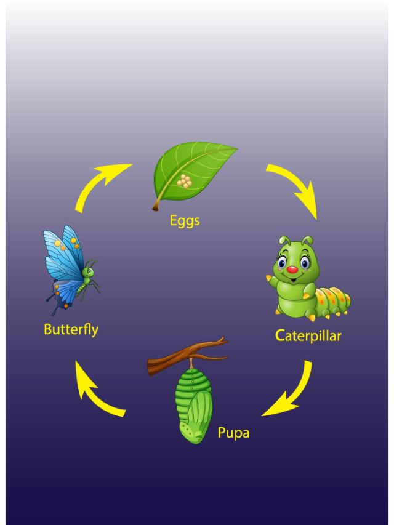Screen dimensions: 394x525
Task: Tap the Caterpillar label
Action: click(308, 336)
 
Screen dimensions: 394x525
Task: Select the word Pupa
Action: click(233, 433)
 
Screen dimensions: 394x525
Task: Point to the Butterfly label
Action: click(71, 329)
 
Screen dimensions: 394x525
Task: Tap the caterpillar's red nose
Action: click(292, 270)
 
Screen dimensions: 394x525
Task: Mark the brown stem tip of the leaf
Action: click(156, 207)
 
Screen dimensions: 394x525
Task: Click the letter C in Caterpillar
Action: click(281, 335)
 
